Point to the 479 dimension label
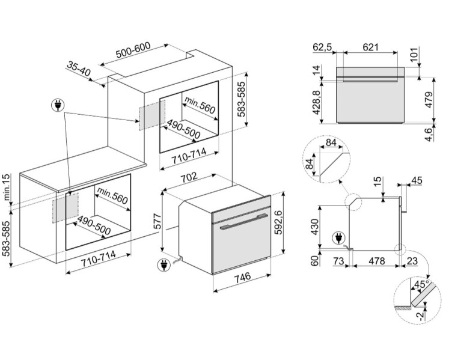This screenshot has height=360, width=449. pos(428,100)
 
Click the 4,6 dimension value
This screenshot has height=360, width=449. pos(428,134)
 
